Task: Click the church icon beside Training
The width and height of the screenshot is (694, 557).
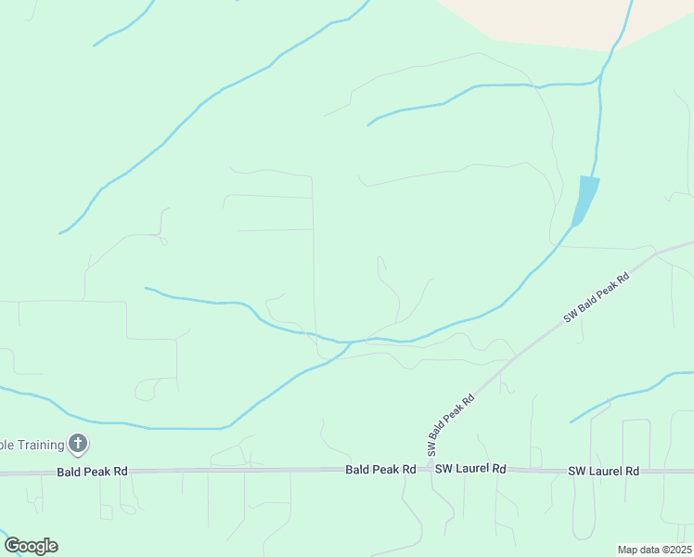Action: click(x=78, y=445)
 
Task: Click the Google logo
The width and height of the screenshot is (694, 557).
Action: click(x=31, y=546)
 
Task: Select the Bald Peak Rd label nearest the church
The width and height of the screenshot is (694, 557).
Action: click(x=92, y=472)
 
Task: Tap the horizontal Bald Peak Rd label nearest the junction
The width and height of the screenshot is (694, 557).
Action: click(x=380, y=470)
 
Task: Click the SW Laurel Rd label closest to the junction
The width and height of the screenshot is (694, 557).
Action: click(x=470, y=470)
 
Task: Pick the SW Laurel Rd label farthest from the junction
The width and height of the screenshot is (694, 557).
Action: click(x=604, y=472)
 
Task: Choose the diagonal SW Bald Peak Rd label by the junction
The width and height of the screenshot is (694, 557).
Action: click(x=451, y=423)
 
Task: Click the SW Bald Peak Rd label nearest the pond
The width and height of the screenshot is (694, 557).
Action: click(x=597, y=297)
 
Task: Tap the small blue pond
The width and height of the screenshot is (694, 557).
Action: click(x=585, y=197)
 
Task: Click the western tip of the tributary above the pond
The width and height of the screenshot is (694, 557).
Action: click(x=368, y=124)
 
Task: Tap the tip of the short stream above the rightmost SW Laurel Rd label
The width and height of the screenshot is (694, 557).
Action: click(x=571, y=422)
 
